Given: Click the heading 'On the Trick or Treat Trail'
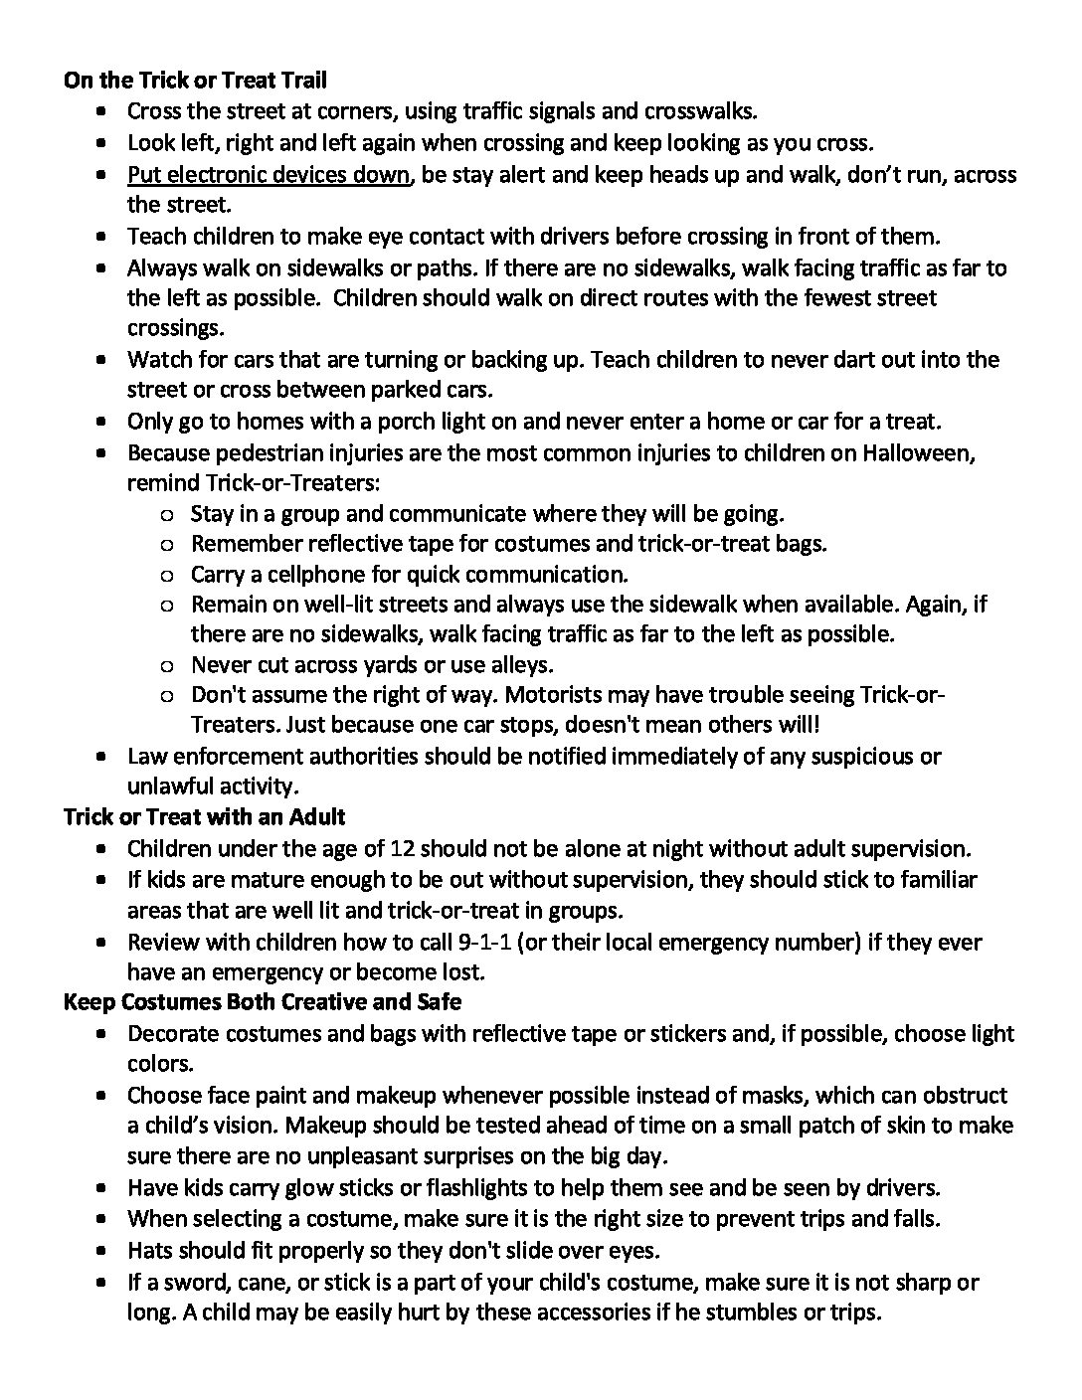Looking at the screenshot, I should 195,80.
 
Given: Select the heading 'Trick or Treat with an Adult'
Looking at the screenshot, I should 204,816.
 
